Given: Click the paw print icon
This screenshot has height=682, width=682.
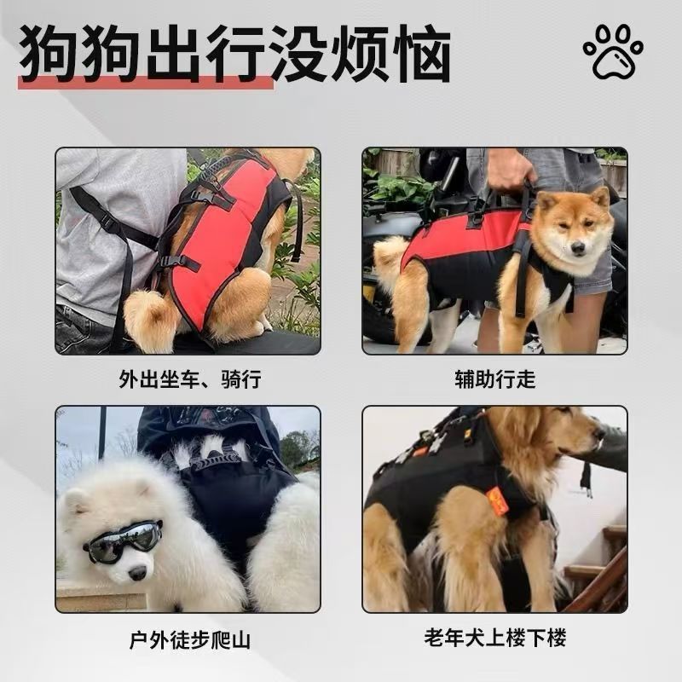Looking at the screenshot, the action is point(613,52).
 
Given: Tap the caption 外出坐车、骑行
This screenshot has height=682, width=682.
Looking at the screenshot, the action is point(190,379).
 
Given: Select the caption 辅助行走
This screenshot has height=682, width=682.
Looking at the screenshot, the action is point(495,379).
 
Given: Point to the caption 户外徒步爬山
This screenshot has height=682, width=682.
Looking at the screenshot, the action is point(190,640).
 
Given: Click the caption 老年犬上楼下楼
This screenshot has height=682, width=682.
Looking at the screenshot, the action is point(495,638).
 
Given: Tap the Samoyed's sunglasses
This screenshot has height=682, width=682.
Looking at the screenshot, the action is point(123,540).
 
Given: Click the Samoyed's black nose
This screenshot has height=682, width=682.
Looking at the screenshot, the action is point(137,573).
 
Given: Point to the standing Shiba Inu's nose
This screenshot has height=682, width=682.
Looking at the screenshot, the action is point(578,248).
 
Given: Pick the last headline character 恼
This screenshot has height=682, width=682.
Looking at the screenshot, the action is point(422,53).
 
